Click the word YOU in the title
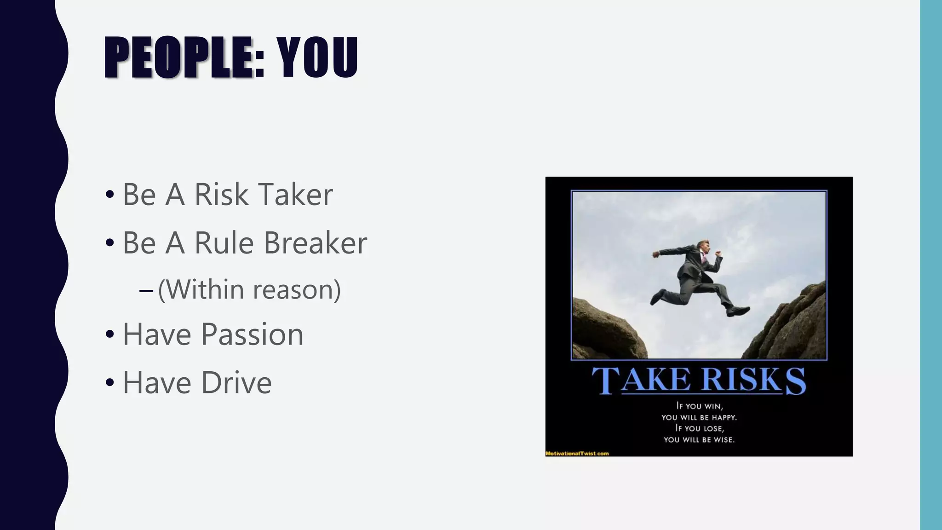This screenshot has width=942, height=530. pos(317,57)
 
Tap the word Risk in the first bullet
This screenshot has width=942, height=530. pos(221,195)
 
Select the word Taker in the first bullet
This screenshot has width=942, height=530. pos(295,195)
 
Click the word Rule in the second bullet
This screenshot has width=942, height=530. pos(224,243)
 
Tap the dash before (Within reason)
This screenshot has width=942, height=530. pos(146,290)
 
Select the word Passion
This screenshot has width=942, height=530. pos(252,334)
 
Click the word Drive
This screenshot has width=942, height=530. pos(236,383)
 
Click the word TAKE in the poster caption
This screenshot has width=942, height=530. pos(641,381)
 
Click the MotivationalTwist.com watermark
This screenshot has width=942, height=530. pos(577,454)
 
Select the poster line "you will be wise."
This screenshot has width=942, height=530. pos(699,440)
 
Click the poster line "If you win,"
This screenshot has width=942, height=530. pos(699,406)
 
